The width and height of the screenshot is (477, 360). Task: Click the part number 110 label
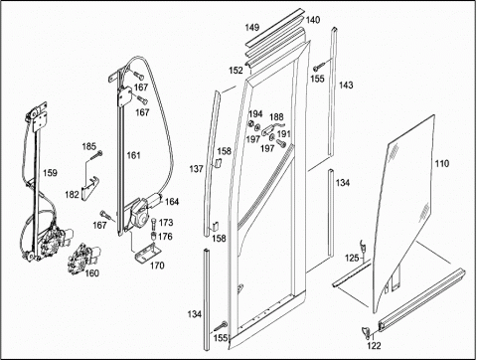442,163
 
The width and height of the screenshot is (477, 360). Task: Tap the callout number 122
374,346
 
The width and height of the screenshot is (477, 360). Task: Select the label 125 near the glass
352,258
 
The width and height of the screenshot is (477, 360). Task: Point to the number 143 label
346,86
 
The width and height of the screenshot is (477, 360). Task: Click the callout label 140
313,20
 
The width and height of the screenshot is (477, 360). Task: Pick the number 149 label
252,27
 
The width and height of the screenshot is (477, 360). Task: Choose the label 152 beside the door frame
236,71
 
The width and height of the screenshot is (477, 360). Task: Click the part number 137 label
196,169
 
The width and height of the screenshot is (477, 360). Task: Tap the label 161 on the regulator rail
134,155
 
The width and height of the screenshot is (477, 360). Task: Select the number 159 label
50,173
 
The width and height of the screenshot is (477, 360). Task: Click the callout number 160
91,272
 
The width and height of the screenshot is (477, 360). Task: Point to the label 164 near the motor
172,202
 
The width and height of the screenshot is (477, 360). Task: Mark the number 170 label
157,266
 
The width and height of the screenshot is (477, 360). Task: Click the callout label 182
72,195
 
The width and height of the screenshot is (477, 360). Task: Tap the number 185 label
88,146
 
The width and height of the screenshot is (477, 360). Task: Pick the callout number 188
276,117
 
